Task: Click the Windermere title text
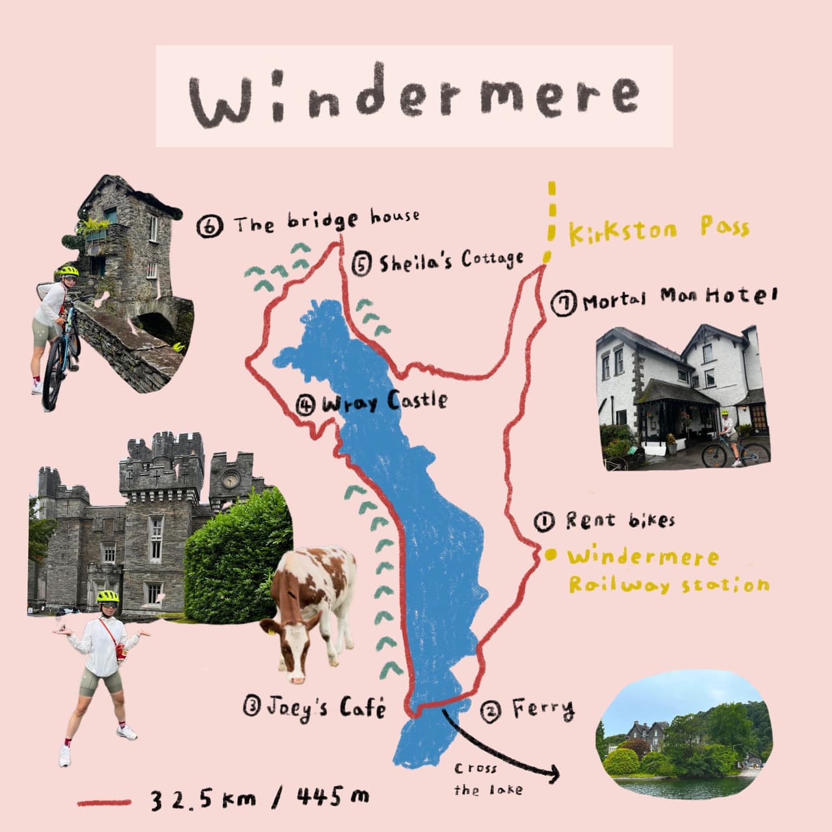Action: tap(414, 96)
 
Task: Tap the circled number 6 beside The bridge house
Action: tap(210, 226)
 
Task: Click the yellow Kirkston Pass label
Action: tap(658, 230)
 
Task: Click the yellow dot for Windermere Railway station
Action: tap(551, 555)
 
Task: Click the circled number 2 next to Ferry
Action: tap(490, 712)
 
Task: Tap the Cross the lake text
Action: tap(475, 779)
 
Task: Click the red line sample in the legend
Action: tap(104, 802)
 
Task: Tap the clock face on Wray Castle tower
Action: tap(231, 480)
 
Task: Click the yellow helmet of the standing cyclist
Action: tap(108, 596)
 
